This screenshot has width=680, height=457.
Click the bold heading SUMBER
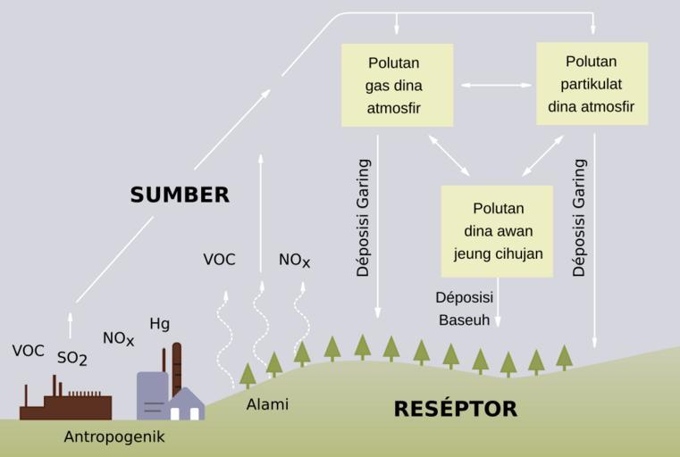[x=180, y=195]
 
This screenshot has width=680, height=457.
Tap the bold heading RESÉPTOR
[x=455, y=409]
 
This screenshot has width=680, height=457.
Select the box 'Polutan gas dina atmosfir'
[x=393, y=86]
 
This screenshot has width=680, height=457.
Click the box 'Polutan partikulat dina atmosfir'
[x=591, y=84]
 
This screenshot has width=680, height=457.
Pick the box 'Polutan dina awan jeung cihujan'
[x=498, y=230]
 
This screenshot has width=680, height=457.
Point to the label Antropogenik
[x=114, y=437]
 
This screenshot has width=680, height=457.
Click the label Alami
[x=267, y=404]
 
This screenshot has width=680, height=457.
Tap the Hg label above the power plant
[x=159, y=323]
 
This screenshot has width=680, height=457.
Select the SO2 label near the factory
[x=71, y=358]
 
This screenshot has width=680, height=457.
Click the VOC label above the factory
[x=28, y=351]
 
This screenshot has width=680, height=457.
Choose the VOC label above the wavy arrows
[x=219, y=260]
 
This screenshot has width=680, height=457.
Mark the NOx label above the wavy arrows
[x=294, y=261]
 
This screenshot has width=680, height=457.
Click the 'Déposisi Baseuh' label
[x=463, y=308]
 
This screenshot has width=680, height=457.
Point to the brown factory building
[x=66, y=405]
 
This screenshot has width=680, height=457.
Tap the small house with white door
[x=185, y=406]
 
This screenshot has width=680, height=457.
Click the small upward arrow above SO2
[x=71, y=324]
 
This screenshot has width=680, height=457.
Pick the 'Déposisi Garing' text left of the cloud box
[x=363, y=218]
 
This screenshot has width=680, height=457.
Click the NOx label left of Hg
[x=118, y=338]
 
